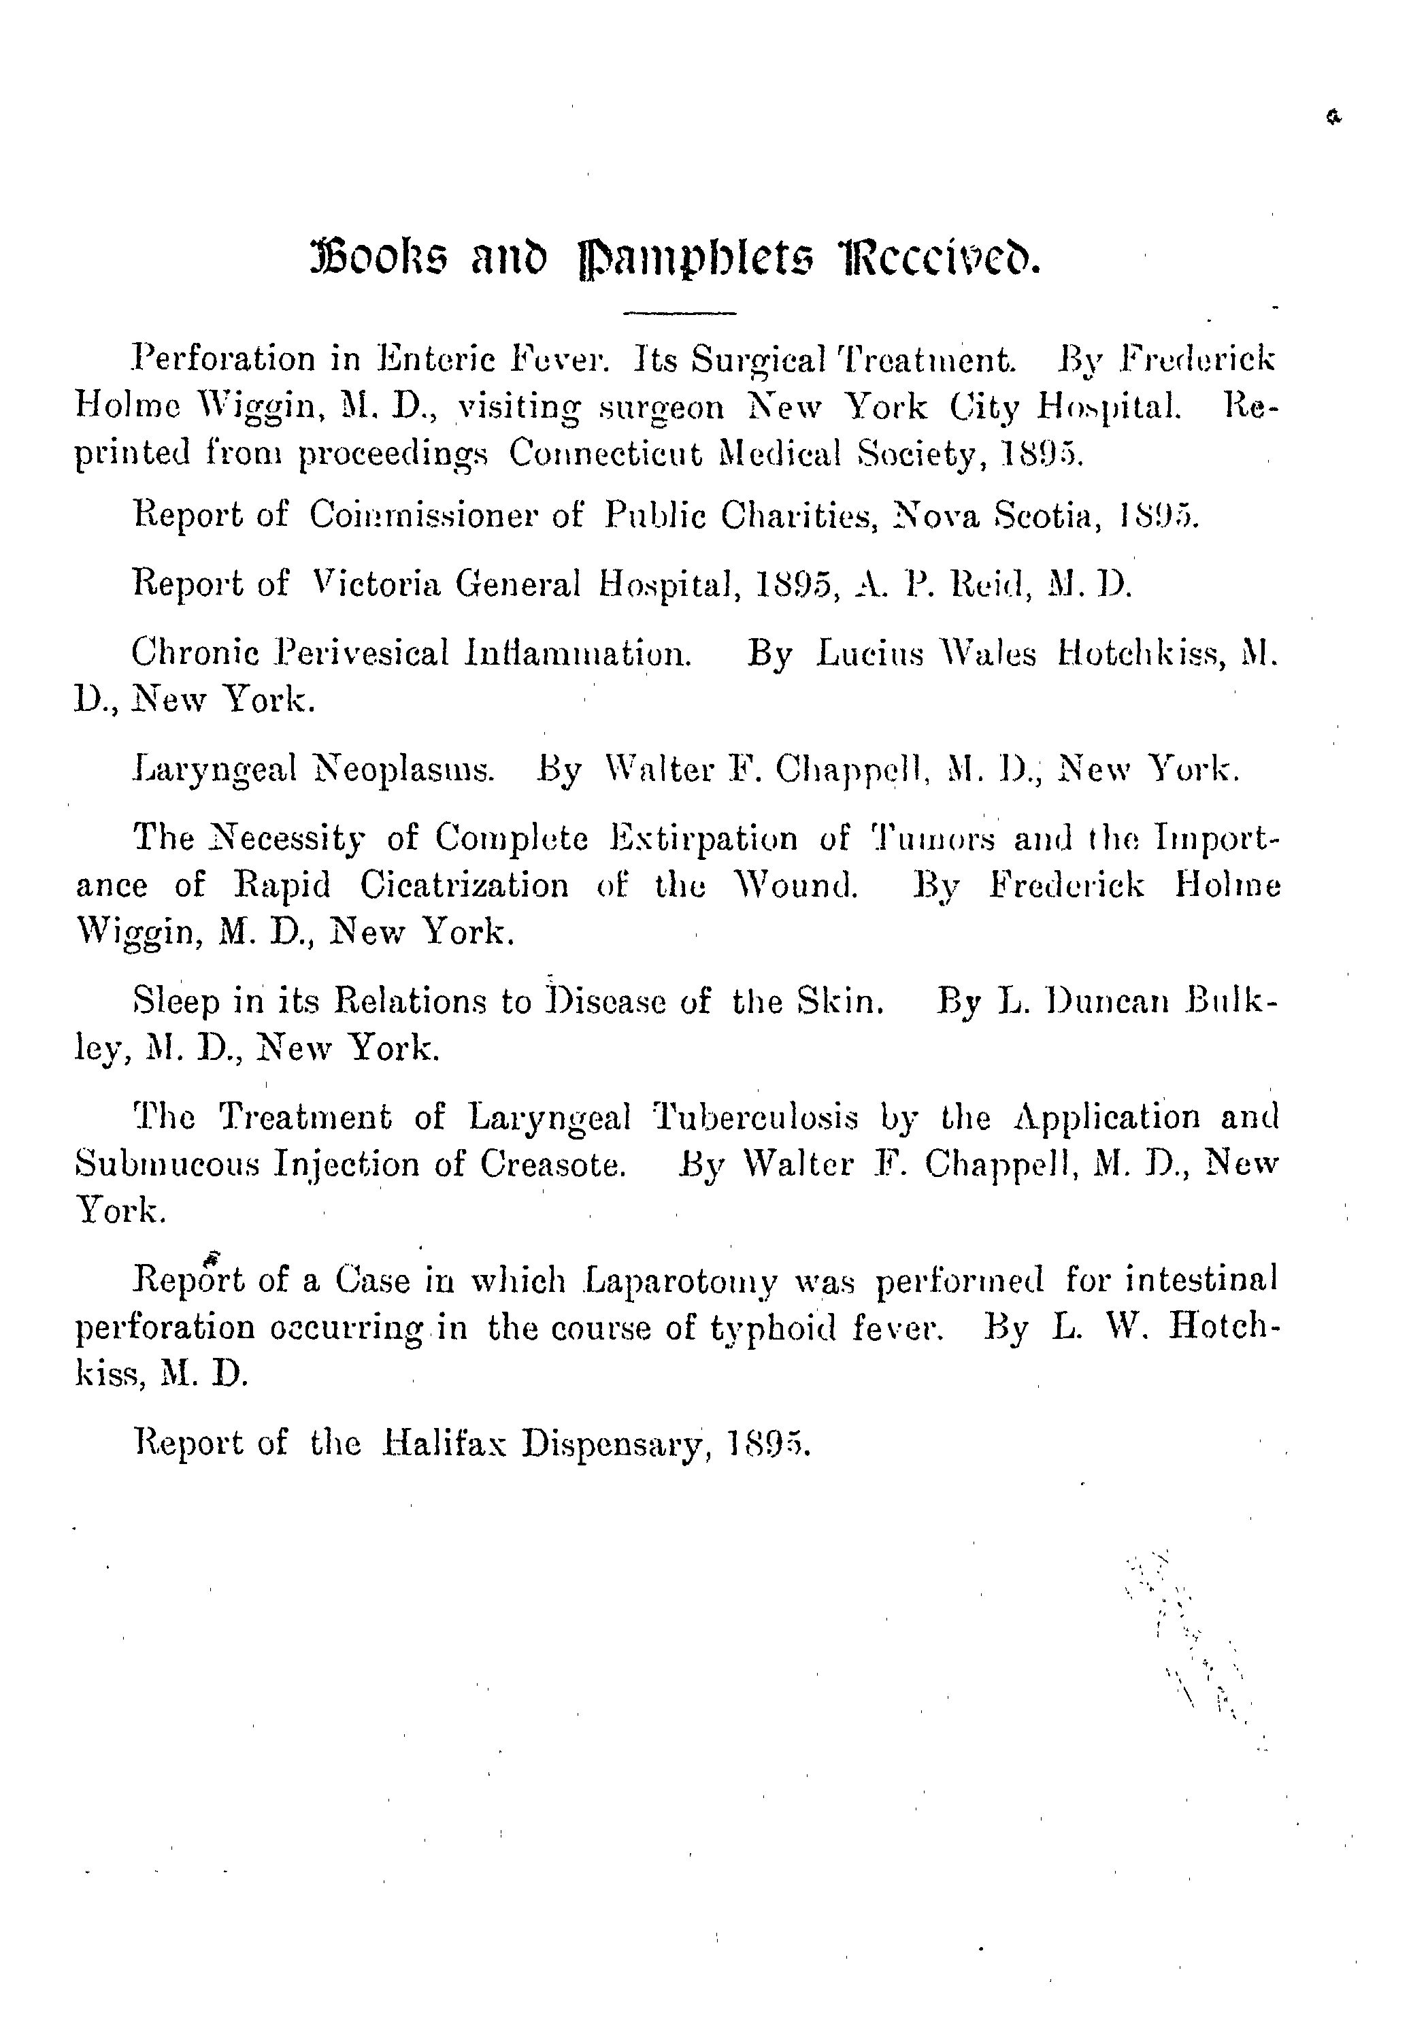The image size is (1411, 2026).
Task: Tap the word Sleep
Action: (175, 1001)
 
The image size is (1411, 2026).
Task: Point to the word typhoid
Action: (771, 1328)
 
